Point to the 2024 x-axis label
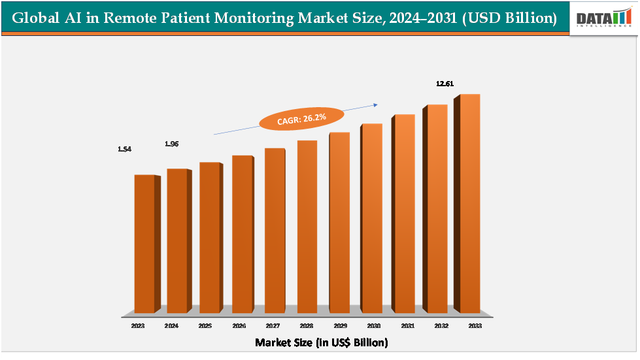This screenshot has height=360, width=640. (x=172, y=325)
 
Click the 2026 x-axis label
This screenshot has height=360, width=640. (x=239, y=325)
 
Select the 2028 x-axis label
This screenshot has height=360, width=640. (x=306, y=325)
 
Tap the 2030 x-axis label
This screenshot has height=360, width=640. (x=373, y=325)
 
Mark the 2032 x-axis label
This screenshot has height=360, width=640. (x=441, y=325)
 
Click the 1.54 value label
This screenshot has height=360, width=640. (x=125, y=149)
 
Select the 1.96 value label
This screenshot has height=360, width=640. (x=172, y=143)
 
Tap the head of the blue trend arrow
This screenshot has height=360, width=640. (x=376, y=103)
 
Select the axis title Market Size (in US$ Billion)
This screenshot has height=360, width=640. (x=321, y=342)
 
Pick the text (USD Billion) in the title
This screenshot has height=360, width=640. (x=509, y=18)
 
